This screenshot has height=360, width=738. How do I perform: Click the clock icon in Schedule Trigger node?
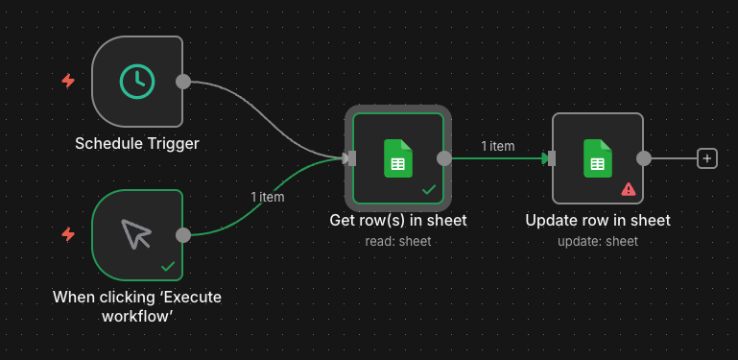137,82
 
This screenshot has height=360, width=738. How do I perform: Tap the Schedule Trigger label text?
137,144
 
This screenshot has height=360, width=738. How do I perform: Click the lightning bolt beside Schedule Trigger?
68,82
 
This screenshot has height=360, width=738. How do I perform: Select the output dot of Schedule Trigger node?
183,82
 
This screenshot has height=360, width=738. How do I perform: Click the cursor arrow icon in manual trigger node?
137,234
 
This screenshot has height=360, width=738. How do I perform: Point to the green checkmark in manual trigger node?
168,265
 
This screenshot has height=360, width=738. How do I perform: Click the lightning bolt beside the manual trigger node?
68,234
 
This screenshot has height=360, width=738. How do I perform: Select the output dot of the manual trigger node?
183,234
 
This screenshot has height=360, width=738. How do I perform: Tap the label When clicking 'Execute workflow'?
137,306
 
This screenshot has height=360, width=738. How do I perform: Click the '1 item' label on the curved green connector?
268,197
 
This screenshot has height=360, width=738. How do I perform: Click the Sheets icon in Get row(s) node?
398,158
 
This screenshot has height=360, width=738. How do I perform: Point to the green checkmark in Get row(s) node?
429,189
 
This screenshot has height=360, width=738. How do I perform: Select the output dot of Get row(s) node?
444,158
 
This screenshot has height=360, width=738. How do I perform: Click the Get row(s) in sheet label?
397,221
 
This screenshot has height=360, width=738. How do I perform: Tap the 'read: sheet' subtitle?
397,241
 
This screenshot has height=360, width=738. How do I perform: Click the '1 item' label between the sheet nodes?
498,146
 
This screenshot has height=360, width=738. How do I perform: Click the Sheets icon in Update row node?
597,158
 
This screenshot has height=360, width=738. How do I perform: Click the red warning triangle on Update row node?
628,189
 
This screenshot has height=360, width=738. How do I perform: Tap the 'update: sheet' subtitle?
597,241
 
